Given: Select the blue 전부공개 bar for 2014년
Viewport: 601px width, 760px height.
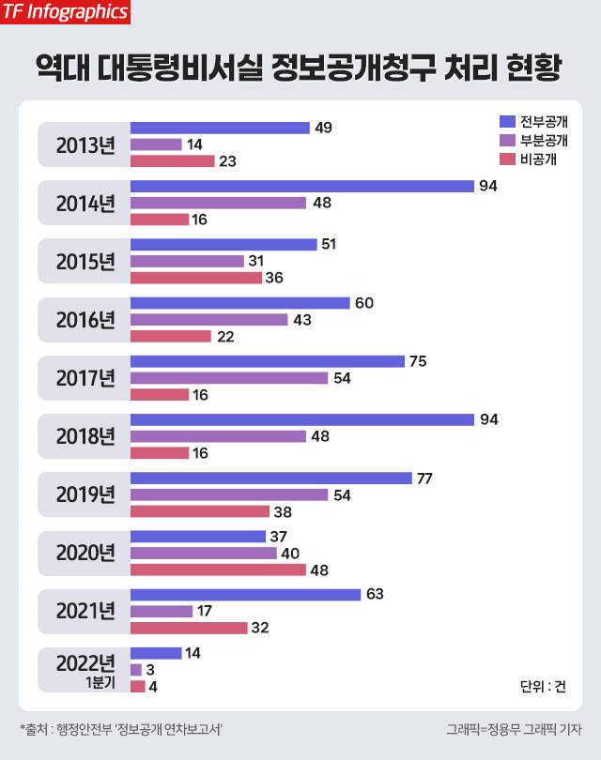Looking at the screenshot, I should (x=301, y=186).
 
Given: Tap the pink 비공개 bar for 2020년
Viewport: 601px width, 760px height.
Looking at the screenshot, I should (x=218, y=570).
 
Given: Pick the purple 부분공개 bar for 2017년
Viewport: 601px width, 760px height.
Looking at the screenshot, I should (x=229, y=378).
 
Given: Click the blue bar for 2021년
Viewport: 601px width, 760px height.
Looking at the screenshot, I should (x=245, y=594).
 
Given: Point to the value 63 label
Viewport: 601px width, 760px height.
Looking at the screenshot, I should (x=377, y=594).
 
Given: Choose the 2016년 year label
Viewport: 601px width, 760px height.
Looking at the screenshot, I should (x=85, y=320).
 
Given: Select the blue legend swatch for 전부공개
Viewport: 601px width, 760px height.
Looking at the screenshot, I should (x=507, y=121).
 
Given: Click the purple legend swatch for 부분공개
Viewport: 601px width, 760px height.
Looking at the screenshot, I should (x=507, y=140).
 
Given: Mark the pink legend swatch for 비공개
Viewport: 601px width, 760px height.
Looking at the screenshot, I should (x=507, y=159).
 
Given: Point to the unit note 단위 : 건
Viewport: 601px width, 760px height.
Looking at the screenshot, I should (x=543, y=686).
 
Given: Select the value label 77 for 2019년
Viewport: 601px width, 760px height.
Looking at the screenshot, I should (x=424, y=478).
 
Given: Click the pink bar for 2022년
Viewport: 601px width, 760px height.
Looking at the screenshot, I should (x=137, y=686).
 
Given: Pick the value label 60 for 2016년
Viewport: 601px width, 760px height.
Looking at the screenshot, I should (x=364, y=303).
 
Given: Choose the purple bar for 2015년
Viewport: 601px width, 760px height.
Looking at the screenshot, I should (x=187, y=262).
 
